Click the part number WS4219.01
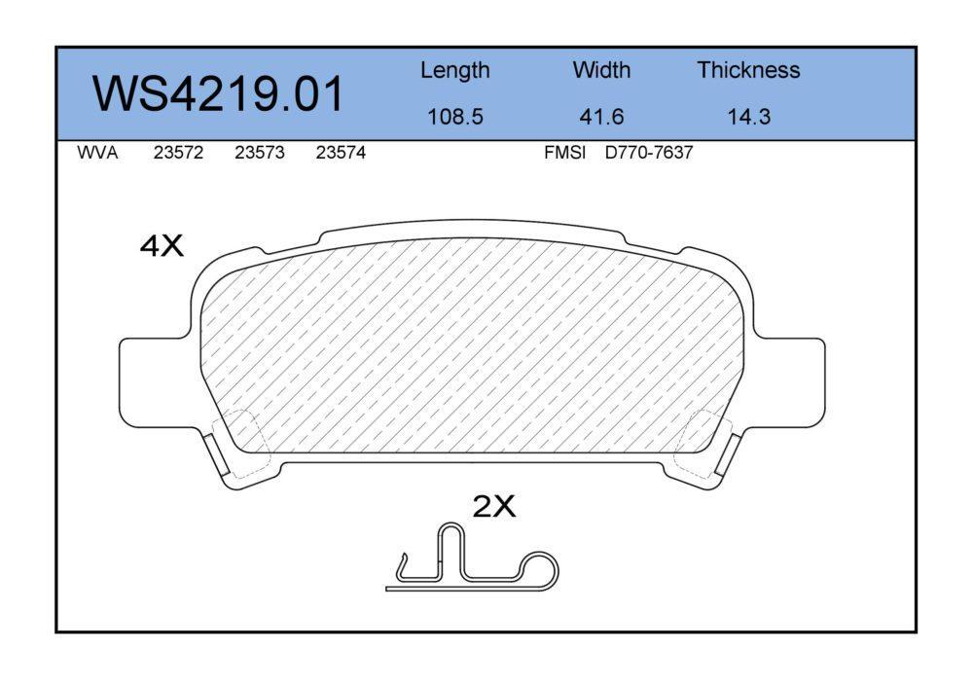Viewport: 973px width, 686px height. tap(218, 93)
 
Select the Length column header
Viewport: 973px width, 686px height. tap(454, 71)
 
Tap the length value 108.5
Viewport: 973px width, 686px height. tap(454, 117)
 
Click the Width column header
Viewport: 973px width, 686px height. tap(601, 69)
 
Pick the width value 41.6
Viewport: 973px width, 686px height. tap(601, 117)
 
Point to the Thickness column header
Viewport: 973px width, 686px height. tap(748, 69)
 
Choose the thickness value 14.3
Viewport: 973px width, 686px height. tap(748, 117)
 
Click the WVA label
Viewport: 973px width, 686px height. tap(97, 153)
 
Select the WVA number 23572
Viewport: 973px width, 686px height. tap(178, 153)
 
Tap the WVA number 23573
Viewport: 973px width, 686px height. tap(260, 153)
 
